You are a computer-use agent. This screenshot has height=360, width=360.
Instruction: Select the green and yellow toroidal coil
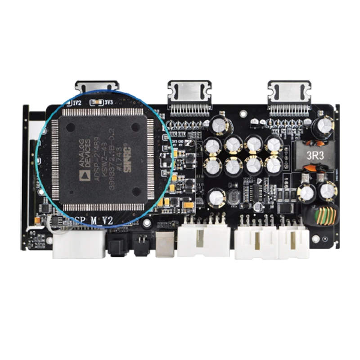[x=325, y=216]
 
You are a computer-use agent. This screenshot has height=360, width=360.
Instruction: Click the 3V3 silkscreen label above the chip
[x=108, y=103]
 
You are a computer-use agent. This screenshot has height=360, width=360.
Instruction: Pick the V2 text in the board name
[x=107, y=220]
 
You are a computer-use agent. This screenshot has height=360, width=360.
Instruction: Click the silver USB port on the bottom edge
[x=165, y=245]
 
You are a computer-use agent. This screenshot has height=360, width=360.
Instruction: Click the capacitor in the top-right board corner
[x=324, y=128]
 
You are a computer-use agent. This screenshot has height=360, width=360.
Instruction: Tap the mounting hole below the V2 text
[x=146, y=223]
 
